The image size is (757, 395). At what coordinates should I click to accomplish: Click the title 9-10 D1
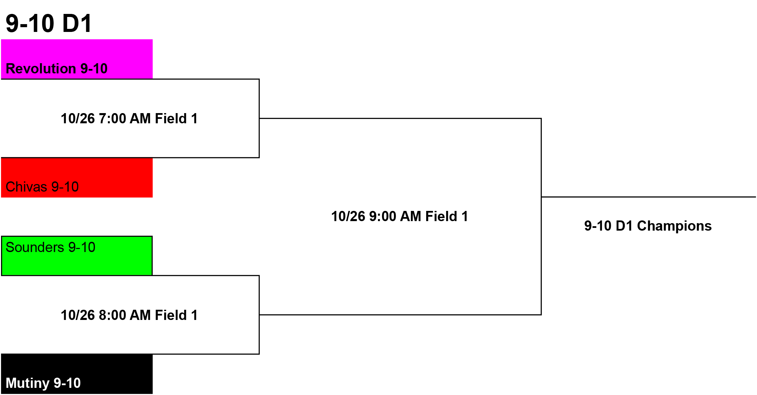point(49,23)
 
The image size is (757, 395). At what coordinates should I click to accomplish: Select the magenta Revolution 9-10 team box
point(77,59)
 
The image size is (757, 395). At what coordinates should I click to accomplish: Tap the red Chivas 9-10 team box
point(77,178)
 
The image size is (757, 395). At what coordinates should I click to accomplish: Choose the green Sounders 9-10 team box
point(77,256)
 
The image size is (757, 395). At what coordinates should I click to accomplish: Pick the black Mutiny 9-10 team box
point(77,374)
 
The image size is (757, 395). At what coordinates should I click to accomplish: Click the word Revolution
point(41,69)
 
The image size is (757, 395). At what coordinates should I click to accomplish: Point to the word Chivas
point(26,187)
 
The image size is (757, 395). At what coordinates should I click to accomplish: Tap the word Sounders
point(35,247)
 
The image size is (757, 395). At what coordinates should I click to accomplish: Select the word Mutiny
point(28,383)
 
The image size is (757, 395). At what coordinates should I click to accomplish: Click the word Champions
point(674,226)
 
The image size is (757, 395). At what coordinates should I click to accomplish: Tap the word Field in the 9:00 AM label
point(441,216)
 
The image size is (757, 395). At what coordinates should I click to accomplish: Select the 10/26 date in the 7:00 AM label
point(78,119)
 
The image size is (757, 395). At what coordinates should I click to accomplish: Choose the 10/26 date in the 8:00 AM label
point(78,315)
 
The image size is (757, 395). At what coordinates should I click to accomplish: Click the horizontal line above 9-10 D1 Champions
point(649,197)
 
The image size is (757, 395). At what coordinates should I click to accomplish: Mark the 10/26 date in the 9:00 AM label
point(348,216)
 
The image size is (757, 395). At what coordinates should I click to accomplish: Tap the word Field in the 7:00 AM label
point(171,119)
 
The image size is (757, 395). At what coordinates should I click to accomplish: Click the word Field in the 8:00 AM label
point(171,315)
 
